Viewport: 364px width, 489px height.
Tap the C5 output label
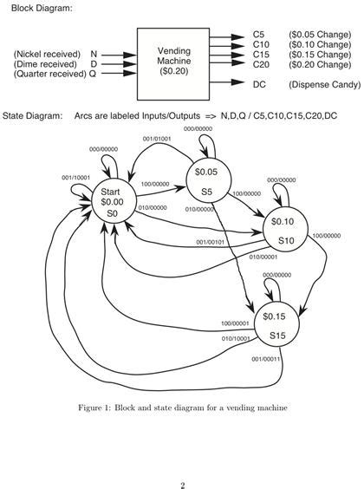[x=259, y=35]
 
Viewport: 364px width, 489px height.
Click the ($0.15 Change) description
[x=320, y=55]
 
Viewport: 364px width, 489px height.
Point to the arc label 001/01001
[x=157, y=138]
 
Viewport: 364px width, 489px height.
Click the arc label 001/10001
[x=75, y=178]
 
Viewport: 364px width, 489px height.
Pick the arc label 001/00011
[x=266, y=359]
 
